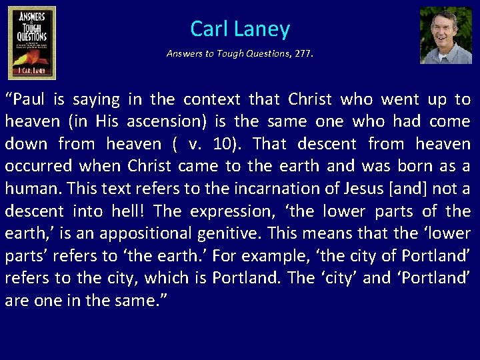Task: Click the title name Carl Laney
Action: click(x=240, y=29)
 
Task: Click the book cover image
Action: click(x=32, y=43)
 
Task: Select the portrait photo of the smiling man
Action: click(x=445, y=35)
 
